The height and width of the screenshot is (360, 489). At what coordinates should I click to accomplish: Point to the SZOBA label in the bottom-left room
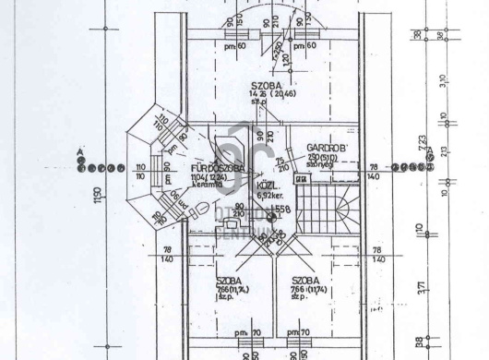click(x=230, y=280)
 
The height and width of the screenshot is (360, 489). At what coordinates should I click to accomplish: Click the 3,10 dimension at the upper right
click(x=444, y=81)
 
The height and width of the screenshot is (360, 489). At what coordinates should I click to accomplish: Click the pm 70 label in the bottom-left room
click(x=241, y=330)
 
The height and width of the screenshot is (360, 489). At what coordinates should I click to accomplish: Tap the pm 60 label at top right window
click(x=304, y=45)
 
